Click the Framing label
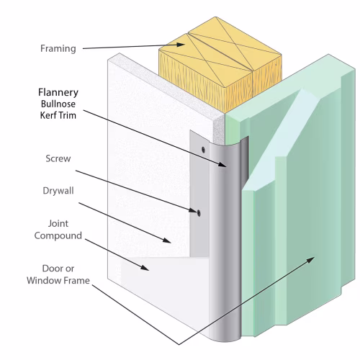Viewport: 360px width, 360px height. [x=58, y=49]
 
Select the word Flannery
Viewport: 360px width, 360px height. [x=58, y=93]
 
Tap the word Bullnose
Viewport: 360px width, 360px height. [x=58, y=104]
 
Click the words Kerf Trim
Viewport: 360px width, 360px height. [x=58, y=115]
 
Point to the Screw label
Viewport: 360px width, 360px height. [x=58, y=158]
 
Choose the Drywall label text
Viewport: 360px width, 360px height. [x=58, y=191]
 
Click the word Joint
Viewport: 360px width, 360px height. [x=58, y=224]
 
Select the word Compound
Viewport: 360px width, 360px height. [x=58, y=236]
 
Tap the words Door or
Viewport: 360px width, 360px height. [x=58, y=269]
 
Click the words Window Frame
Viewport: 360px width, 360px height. [x=58, y=281]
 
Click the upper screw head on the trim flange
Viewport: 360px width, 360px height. [x=203, y=150]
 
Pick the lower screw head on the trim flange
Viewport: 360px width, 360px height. [x=199, y=213]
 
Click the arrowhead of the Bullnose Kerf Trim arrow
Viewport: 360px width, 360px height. [x=222, y=164]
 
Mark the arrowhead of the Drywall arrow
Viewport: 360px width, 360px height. [x=166, y=240]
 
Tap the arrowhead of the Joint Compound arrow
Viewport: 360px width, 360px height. [x=145, y=268]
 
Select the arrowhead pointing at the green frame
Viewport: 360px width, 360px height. [x=310, y=260]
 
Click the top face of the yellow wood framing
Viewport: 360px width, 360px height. [x=220, y=52]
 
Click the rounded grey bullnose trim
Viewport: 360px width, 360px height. [x=225, y=240]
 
